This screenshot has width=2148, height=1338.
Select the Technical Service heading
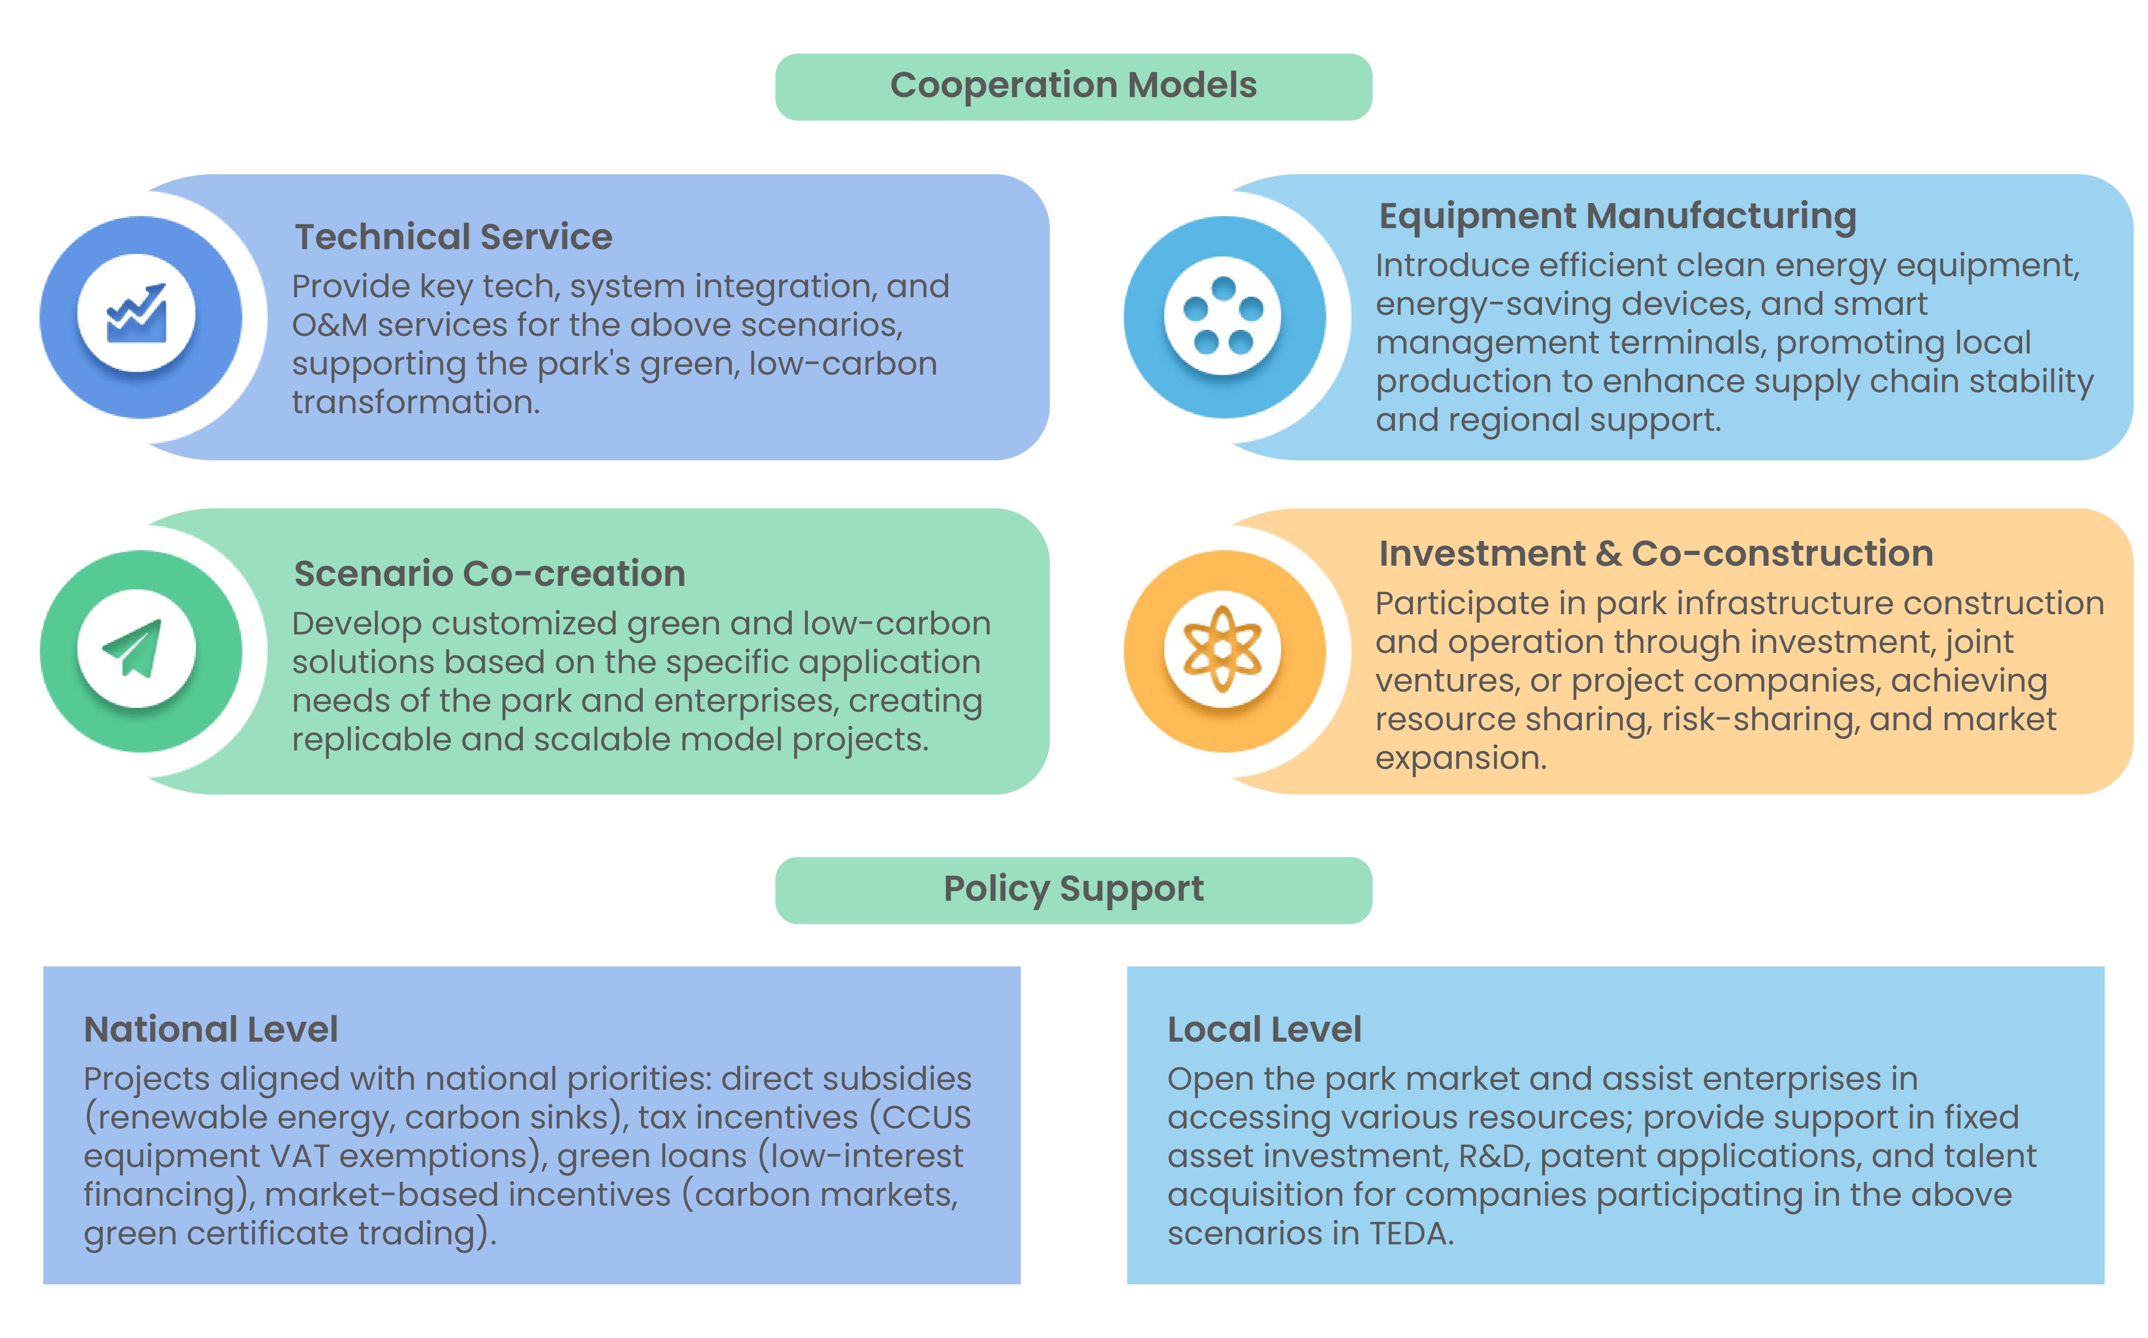pyautogui.click(x=453, y=237)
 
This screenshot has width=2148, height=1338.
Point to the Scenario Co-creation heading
pyautogui.click(x=489, y=573)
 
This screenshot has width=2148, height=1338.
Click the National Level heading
pyautogui.click(x=211, y=1029)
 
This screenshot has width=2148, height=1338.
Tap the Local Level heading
pyautogui.click(x=1264, y=1029)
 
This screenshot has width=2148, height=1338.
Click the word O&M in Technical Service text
pyautogui.click(x=329, y=326)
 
